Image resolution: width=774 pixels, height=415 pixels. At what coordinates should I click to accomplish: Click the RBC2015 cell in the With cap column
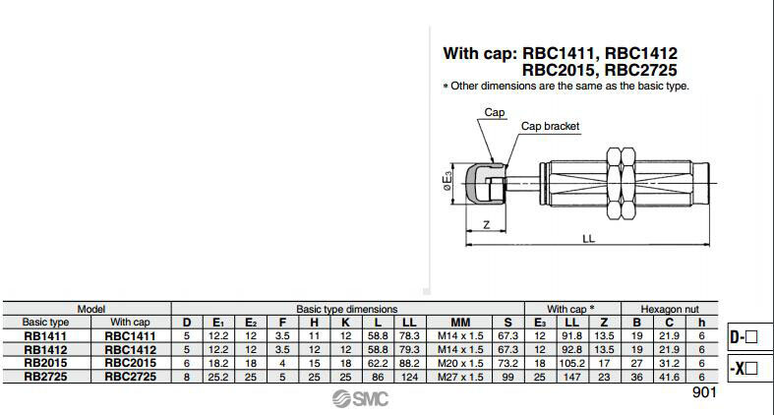pyautogui.click(x=129, y=362)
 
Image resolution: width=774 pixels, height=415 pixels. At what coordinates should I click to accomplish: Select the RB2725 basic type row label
pyautogui.click(x=46, y=375)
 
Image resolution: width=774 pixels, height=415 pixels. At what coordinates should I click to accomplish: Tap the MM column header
pyautogui.click(x=460, y=322)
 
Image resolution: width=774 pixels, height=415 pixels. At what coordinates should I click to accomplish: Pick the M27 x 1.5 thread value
pyautogui.click(x=460, y=375)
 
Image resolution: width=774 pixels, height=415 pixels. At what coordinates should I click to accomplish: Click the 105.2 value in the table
pyautogui.click(x=573, y=362)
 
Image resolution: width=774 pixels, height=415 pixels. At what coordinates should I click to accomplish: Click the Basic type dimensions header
pyautogui.click(x=347, y=308)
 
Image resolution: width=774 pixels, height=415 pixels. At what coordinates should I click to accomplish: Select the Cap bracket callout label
pyautogui.click(x=550, y=126)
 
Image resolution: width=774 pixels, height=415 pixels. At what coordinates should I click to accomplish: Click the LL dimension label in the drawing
pyautogui.click(x=588, y=238)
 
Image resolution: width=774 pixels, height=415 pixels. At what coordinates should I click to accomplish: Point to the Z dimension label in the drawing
pyautogui.click(x=487, y=225)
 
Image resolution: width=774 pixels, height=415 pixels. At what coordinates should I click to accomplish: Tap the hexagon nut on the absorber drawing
pyautogui.click(x=623, y=182)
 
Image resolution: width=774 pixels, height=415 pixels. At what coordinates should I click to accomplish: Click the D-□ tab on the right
pyautogui.click(x=744, y=337)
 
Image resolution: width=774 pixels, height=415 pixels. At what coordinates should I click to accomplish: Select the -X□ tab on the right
pyautogui.click(x=744, y=370)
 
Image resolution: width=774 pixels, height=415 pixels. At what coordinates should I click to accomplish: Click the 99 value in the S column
pyautogui.click(x=507, y=375)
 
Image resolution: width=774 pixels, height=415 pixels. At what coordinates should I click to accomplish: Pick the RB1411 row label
pyautogui.click(x=46, y=335)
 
